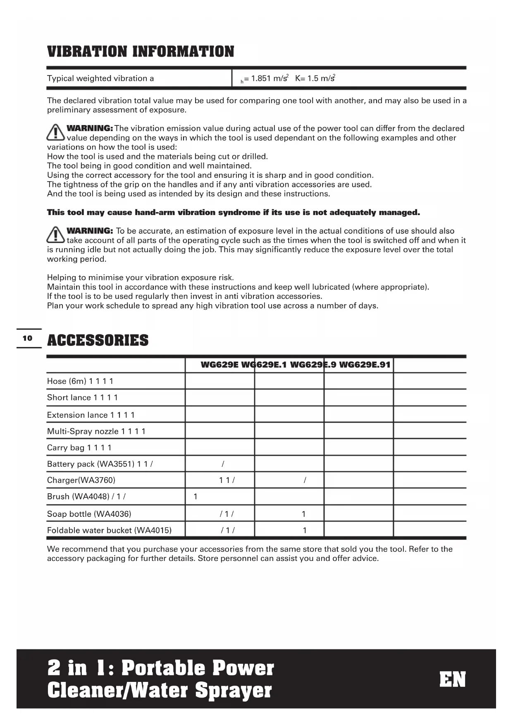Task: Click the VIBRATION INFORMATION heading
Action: point(141,52)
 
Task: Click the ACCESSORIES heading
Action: point(98,340)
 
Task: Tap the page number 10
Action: point(27,338)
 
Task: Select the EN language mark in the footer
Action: point(452,679)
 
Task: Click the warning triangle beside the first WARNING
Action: point(55,132)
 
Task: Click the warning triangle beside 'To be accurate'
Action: point(55,234)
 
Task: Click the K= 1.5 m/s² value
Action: point(315,78)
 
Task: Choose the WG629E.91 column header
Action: point(365,364)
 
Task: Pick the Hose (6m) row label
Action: point(67,381)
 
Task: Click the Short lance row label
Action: point(69,397)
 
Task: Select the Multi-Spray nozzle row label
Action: point(83,431)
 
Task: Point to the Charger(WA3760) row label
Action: point(81,480)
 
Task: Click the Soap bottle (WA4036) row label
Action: point(89,514)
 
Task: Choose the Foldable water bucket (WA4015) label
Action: point(109,530)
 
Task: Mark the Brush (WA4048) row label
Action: point(78,496)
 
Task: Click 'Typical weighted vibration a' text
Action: point(100,78)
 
